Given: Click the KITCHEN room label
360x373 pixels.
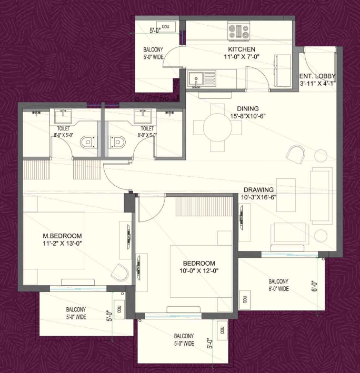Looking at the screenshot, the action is click(x=242, y=49).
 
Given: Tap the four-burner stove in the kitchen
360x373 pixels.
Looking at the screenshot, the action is click(x=238, y=31).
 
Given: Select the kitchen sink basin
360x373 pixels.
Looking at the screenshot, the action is click(x=195, y=79).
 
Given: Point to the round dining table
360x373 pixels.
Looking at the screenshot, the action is click(x=217, y=128).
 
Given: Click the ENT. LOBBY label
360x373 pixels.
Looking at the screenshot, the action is click(x=317, y=76).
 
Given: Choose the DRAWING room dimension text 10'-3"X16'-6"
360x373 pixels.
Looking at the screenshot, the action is click(x=258, y=197).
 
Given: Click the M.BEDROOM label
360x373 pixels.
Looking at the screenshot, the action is click(x=62, y=236).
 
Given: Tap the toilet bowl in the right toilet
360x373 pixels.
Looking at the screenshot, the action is click(x=117, y=143).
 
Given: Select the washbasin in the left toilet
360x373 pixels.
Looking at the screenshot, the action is click(x=63, y=116).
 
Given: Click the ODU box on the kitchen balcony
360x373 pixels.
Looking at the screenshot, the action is click(x=166, y=27).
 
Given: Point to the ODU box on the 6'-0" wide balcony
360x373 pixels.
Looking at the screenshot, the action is click(x=245, y=299).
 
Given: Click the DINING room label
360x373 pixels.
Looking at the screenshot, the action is click(x=248, y=109).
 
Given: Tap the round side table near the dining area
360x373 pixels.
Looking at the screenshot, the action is click(x=321, y=156).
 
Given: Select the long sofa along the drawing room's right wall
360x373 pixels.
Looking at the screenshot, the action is click(x=321, y=196).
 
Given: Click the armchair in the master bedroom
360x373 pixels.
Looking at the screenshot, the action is click(x=120, y=273).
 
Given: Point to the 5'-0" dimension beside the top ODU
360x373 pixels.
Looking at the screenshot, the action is click(x=155, y=31).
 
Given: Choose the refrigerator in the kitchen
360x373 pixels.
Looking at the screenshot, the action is click(x=283, y=70).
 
